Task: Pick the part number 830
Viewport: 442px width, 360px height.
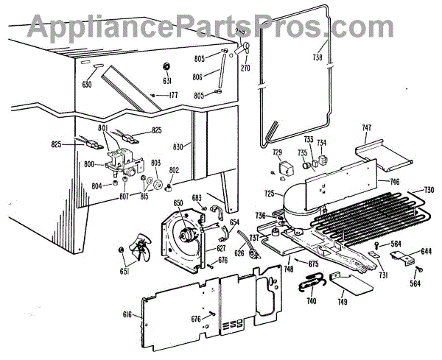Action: (x=178, y=146)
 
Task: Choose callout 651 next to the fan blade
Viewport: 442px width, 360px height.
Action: (x=124, y=272)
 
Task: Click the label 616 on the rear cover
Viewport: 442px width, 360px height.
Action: (x=127, y=314)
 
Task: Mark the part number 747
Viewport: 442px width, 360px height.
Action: (x=366, y=128)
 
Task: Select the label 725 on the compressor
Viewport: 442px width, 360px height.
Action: (x=270, y=194)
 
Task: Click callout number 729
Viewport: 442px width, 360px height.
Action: (x=278, y=152)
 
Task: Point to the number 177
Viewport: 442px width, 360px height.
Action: (x=173, y=95)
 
